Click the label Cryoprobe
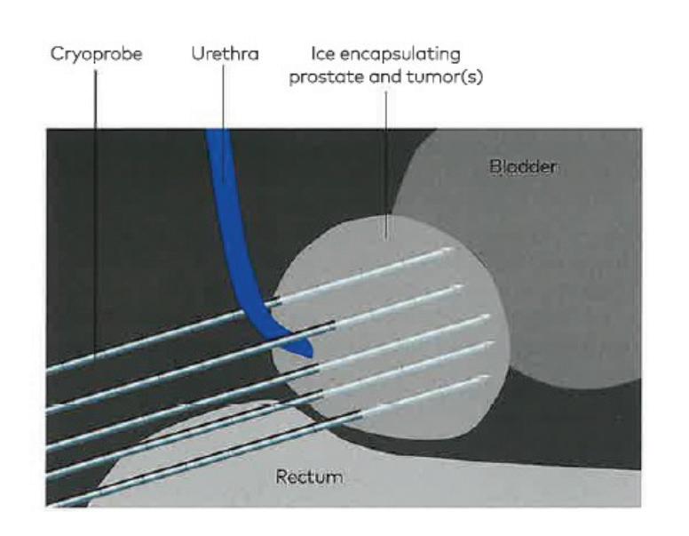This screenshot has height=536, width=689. pos(97,54)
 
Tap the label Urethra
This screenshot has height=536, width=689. pos(225,54)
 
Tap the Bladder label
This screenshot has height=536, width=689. pos(522,166)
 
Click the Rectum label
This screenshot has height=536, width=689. pos(309,477)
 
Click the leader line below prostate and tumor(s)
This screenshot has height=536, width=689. pos(385,160)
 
